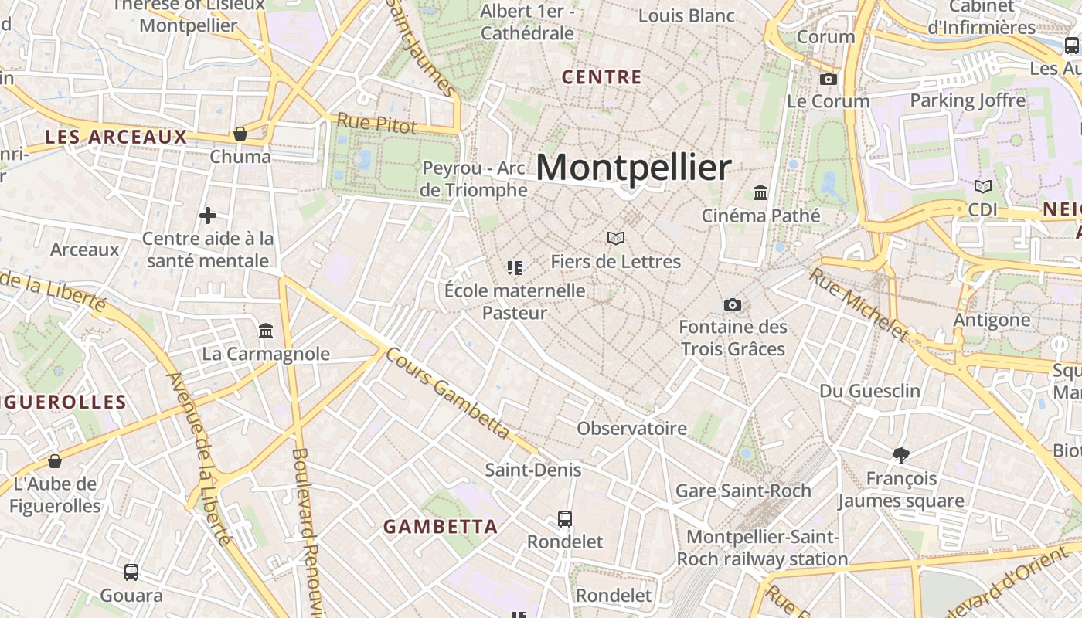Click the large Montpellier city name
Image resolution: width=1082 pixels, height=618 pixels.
[633, 168]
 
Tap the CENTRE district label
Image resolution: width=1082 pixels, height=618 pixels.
[601, 76]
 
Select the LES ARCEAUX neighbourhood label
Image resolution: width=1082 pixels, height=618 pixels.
[116, 138]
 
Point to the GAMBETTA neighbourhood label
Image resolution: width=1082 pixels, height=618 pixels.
[441, 527]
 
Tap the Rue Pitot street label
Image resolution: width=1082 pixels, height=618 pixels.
[376, 123]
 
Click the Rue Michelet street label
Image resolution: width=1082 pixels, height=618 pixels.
[859, 304]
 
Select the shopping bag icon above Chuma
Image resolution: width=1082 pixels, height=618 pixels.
[240, 134]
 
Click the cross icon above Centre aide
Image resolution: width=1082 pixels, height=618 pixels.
[207, 216]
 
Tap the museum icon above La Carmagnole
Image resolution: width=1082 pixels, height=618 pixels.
[266, 331]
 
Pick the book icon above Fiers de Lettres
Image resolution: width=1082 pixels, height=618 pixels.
[615, 238]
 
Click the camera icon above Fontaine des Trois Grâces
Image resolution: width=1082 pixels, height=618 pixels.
[732, 304]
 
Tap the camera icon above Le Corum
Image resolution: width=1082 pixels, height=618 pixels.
[828, 79]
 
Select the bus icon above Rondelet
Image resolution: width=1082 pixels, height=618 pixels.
[565, 518]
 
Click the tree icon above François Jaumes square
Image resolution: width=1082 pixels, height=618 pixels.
[900, 455]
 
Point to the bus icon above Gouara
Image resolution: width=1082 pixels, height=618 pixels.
[131, 572]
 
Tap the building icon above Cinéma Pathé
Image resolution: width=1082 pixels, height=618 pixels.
[760, 192]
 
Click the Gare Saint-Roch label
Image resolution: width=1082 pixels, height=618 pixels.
[743, 491]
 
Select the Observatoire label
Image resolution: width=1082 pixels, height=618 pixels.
[631, 428]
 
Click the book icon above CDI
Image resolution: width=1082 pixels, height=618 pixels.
[982, 186]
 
